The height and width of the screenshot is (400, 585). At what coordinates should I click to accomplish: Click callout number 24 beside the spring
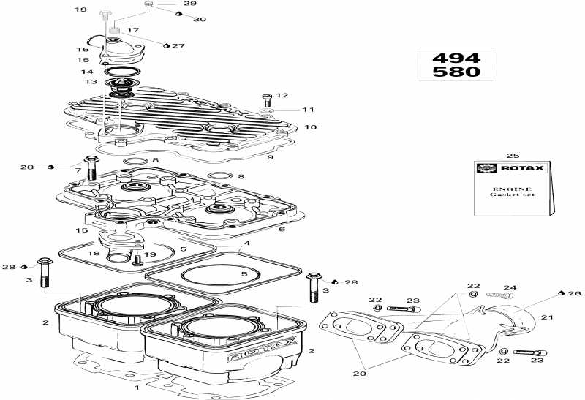coord(510,287)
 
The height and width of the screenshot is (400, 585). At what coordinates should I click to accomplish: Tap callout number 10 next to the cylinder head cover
coord(311,127)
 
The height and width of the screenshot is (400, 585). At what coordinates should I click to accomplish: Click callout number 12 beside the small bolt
coord(282,95)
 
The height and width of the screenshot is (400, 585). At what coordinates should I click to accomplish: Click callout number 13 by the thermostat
coord(91,83)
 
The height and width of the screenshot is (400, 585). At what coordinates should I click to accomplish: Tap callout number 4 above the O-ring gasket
coord(247,243)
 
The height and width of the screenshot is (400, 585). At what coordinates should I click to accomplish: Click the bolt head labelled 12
coord(266,96)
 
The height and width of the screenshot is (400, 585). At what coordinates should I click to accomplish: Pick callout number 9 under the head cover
coord(270,157)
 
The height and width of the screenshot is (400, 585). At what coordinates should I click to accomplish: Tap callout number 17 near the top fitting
coord(133,31)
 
